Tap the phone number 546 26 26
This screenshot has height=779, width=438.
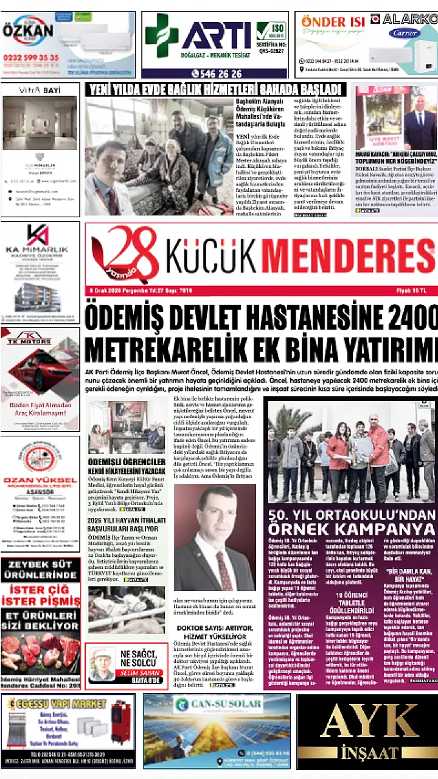click(216, 74)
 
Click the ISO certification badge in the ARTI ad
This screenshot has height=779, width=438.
click(271, 30)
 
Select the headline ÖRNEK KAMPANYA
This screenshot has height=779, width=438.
click(351, 527)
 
